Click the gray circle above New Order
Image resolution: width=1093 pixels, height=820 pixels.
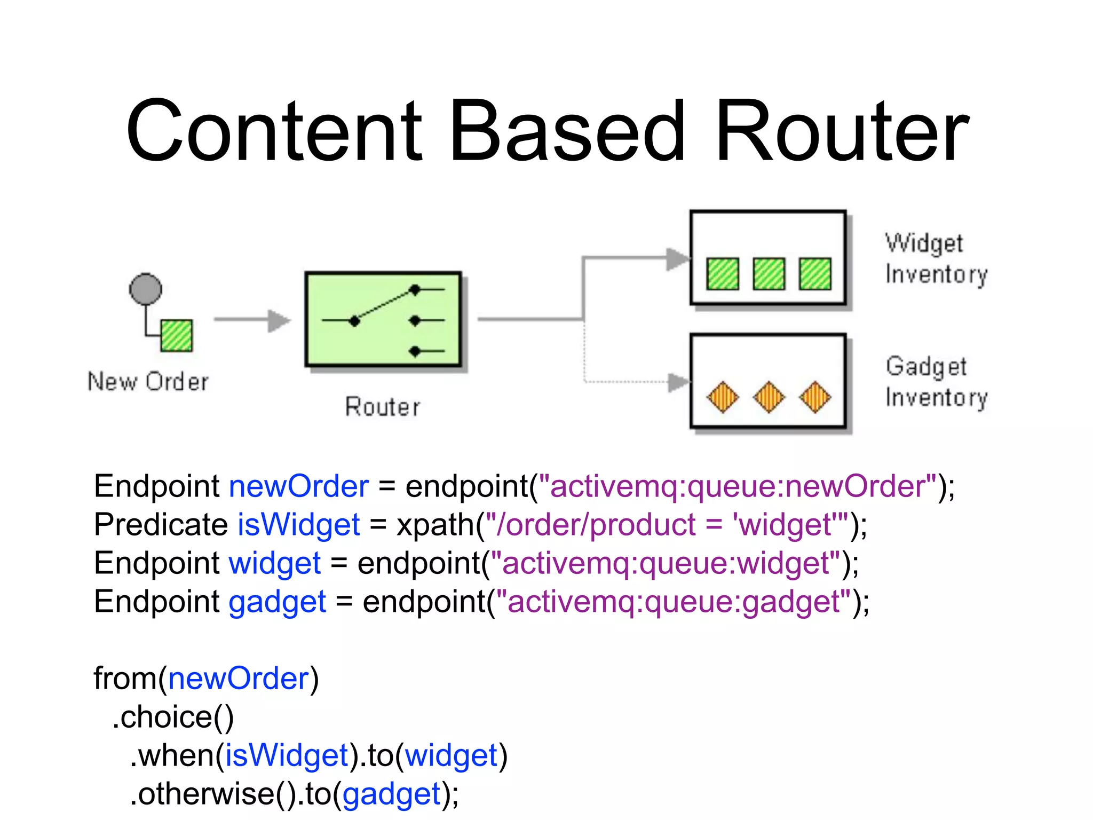(x=145, y=289)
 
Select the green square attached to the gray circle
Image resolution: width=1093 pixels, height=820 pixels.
(x=177, y=335)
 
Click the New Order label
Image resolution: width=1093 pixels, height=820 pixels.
(x=148, y=382)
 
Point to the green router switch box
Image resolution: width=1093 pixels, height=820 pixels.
(x=383, y=319)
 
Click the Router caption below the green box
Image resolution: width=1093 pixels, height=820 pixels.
(x=383, y=407)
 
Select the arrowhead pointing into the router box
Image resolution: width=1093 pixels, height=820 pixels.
(x=279, y=320)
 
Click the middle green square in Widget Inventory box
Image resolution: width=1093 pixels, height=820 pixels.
(x=769, y=274)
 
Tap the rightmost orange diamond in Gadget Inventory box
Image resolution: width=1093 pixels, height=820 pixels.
(x=815, y=397)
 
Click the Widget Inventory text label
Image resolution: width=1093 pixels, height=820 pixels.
(x=936, y=258)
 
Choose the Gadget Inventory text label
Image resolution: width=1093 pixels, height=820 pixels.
(x=936, y=382)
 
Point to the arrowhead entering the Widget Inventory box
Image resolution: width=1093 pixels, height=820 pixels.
(x=678, y=259)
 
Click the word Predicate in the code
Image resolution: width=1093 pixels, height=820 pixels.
(x=161, y=524)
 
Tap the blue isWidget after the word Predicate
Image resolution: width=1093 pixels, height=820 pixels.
(x=298, y=524)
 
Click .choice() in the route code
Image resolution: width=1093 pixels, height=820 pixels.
(x=173, y=716)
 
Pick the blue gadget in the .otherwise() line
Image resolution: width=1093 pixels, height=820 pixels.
(x=391, y=794)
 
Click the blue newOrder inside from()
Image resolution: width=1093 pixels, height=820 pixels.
(x=239, y=679)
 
